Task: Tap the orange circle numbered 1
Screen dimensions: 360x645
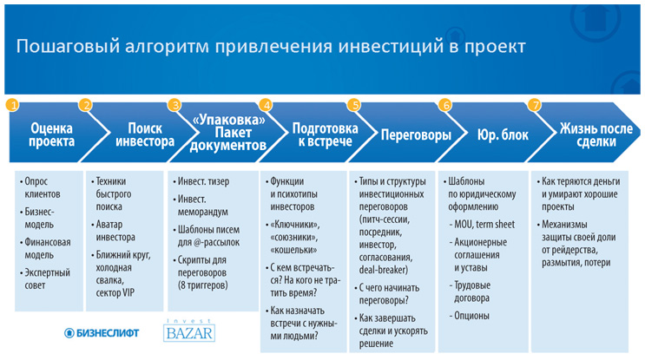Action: tap(11, 105)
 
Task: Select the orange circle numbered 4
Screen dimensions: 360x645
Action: tap(267, 105)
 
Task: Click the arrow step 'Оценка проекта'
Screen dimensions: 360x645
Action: tap(50, 136)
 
